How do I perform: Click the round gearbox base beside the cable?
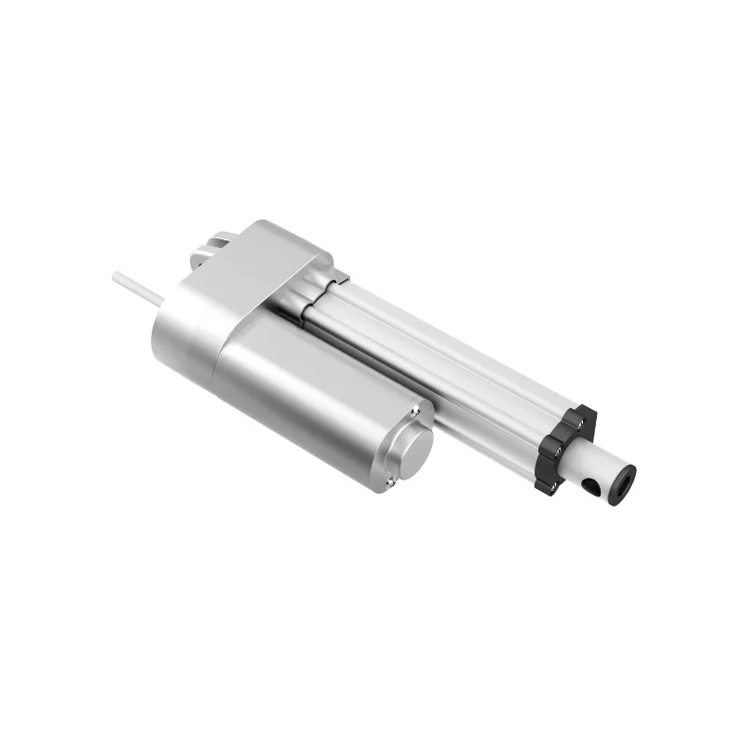click(x=182, y=326)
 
